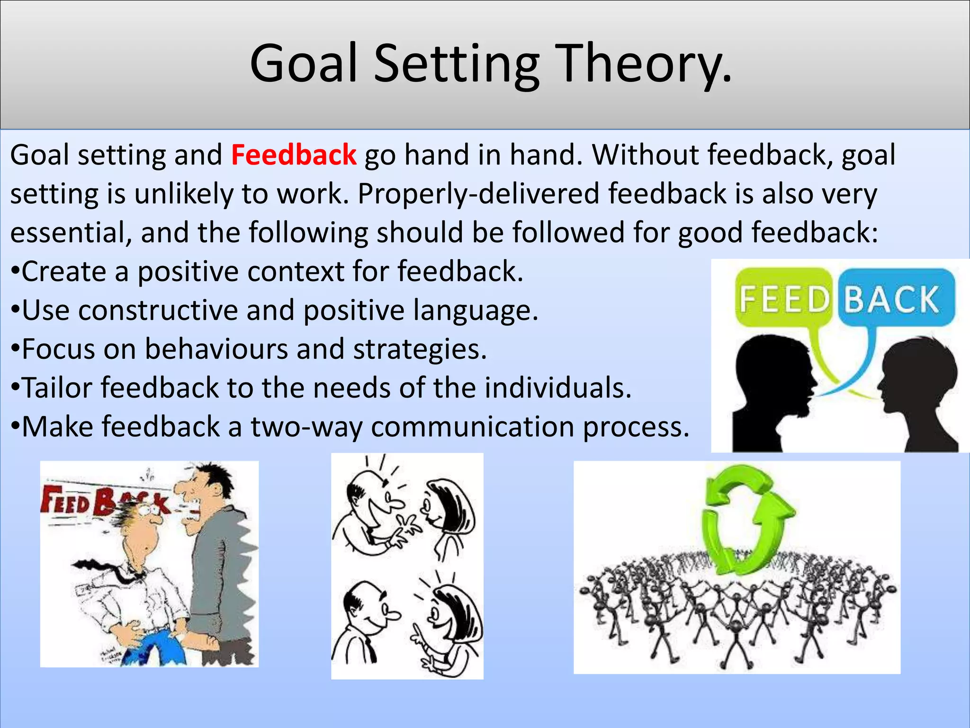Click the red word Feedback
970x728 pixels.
[x=294, y=155]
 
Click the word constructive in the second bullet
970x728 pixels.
[x=158, y=311]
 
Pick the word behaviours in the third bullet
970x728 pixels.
[x=216, y=349]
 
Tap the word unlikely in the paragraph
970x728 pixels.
[x=184, y=194]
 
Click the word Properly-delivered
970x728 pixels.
[x=478, y=194]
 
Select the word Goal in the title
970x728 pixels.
[x=303, y=64]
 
